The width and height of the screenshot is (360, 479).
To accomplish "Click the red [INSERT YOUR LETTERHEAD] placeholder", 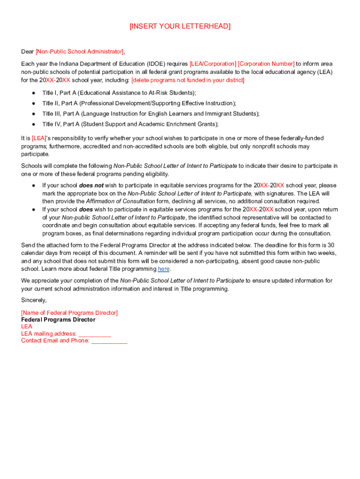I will pos(180,27).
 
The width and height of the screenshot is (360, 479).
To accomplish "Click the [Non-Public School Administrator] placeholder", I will pos(79,51).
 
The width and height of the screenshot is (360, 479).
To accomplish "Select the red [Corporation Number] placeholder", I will pos(266,64).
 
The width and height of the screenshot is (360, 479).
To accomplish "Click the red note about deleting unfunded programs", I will pos(187,80).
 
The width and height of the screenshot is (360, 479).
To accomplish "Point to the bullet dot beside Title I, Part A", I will pos(34,93).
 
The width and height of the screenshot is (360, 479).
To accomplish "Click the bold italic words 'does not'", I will pos(92,185).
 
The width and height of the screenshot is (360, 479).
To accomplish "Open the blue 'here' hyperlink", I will pos(164,269).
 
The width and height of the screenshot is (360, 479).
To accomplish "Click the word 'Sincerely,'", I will pos(34,300).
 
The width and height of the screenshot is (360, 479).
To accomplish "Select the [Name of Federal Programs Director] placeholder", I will pos(69,312).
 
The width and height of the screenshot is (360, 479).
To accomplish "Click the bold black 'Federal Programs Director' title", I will pos(58,319).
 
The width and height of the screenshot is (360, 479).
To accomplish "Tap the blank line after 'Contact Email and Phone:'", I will pos(109,341).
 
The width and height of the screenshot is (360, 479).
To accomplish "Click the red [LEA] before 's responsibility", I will pos(39,138).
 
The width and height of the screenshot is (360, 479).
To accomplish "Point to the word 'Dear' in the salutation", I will pos(28,51).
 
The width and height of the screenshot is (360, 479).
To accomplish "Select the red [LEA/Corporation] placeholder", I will pos(213,64).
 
